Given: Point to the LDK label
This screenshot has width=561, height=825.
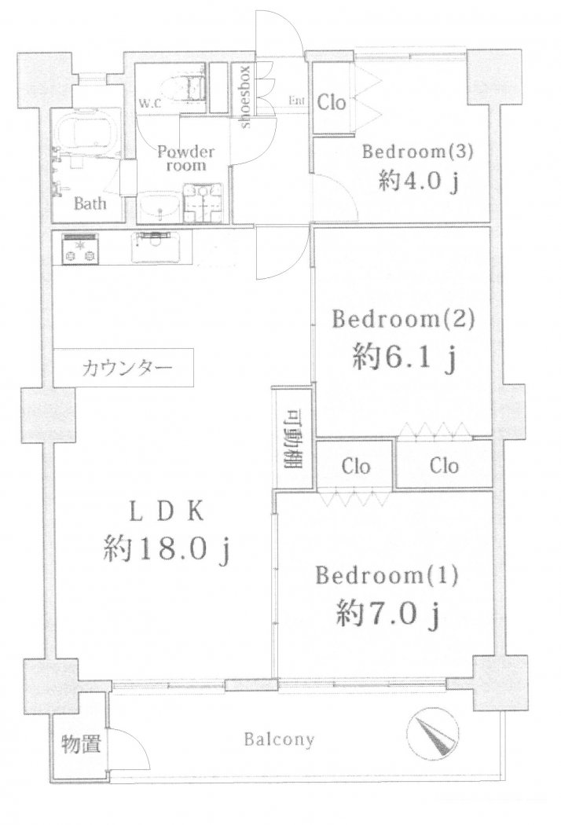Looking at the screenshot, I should pyautogui.click(x=167, y=512).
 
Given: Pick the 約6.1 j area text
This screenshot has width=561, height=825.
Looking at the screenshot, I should pyautogui.click(x=404, y=361).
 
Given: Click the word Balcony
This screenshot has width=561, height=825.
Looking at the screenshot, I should pyautogui.click(x=279, y=739).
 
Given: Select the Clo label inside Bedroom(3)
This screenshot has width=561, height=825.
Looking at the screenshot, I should pyautogui.click(x=332, y=103).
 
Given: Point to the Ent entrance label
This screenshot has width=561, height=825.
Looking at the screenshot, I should pyautogui.click(x=297, y=101).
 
